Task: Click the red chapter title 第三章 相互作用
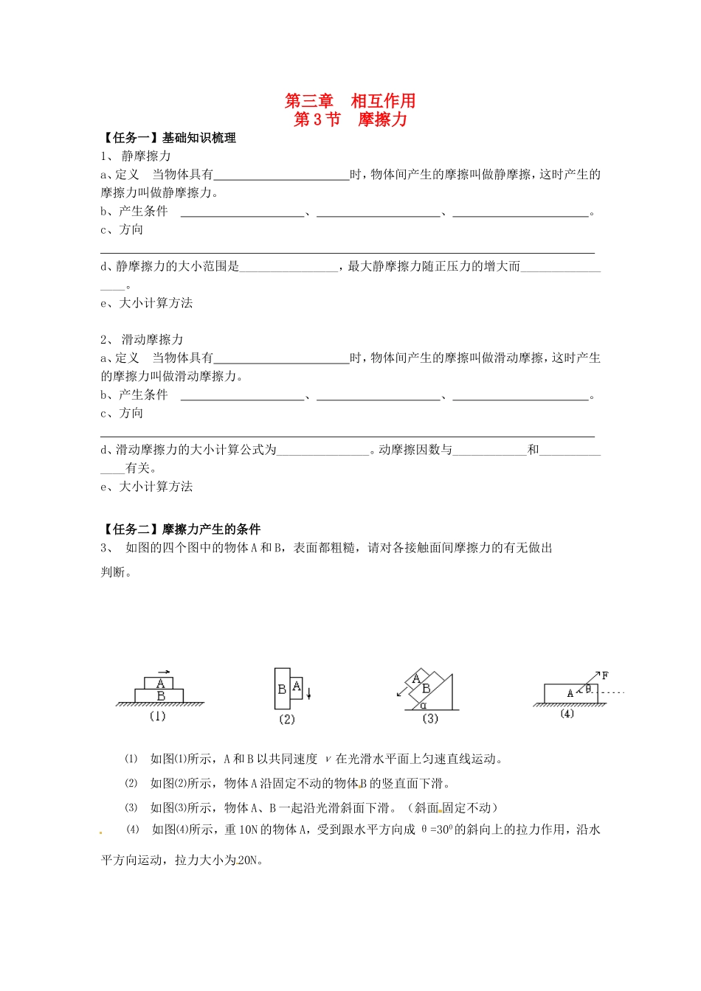tap(350, 101)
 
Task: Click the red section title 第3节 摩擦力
tap(350, 119)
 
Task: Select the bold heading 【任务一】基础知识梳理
tap(169, 138)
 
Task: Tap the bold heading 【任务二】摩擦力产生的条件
tap(182, 529)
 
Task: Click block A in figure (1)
tap(160, 684)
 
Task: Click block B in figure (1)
tap(160, 695)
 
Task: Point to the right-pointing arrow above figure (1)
tap(164, 672)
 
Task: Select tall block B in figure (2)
tap(281, 689)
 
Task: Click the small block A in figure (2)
tap(297, 687)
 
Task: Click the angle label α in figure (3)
tap(424, 705)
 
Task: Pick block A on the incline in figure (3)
tap(416, 678)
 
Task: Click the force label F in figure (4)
tap(605, 675)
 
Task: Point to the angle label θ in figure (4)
tap(588, 689)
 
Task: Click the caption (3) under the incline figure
tap(429, 718)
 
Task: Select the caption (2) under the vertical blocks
tap(286, 719)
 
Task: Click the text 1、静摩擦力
tap(137, 156)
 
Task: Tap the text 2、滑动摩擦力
tap(142, 340)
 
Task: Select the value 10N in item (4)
tap(248, 830)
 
